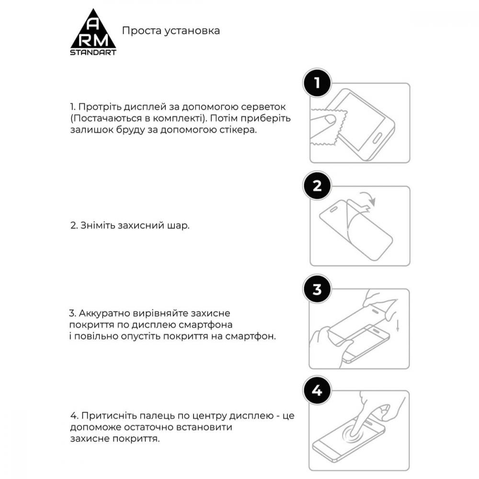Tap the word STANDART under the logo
point(93,52)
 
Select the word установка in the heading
point(194,31)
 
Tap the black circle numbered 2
point(317,186)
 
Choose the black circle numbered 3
point(317,290)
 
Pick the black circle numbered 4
point(317,392)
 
